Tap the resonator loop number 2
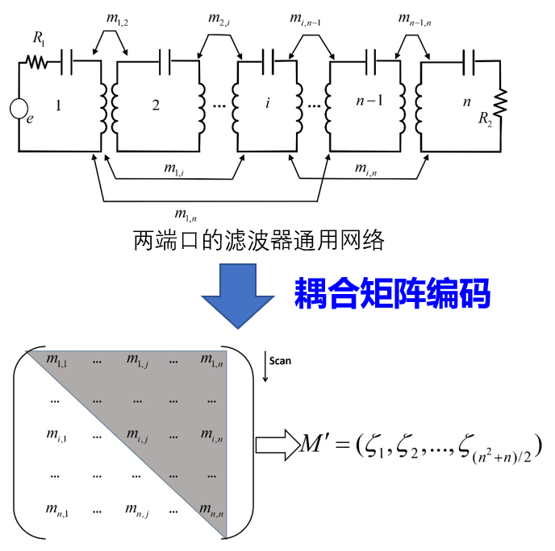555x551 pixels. point(155,105)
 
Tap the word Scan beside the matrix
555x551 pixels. point(281,361)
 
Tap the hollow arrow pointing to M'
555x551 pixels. point(276,445)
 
